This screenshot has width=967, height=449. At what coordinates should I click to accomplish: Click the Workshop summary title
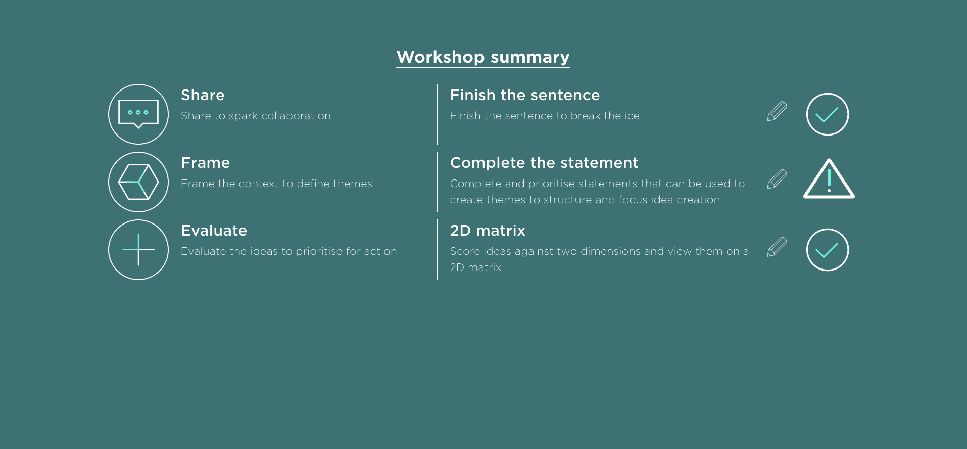pos(483,57)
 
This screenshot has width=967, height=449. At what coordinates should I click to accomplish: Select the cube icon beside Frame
pos(138,182)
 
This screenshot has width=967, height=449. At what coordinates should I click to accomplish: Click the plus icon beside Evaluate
pos(138,250)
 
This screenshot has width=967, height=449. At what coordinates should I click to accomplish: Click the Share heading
pos(203,95)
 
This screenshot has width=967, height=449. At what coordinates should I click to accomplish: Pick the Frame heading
pos(205,163)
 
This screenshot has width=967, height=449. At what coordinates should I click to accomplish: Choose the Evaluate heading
pos(214,231)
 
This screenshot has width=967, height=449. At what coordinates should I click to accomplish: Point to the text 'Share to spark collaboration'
pos(256,116)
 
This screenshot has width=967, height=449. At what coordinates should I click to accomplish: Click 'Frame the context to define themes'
pos(276,184)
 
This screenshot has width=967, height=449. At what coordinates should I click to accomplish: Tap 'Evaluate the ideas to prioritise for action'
pos(288,251)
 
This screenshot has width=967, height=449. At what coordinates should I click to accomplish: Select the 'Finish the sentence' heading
pos(525,95)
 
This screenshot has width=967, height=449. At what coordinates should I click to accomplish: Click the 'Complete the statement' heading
pos(544,163)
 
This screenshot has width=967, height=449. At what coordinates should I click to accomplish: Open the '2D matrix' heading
pos(488,231)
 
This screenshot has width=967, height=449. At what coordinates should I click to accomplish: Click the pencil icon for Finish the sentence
pos(777,111)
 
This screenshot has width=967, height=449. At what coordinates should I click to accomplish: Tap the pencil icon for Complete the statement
pos(777,179)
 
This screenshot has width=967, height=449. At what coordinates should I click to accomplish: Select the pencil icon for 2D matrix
pos(777,247)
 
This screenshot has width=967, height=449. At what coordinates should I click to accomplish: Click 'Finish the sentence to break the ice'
pos(545,116)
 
